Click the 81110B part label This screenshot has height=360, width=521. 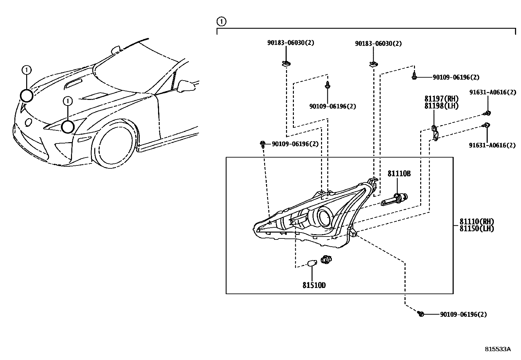pyautogui.click(x=399, y=174)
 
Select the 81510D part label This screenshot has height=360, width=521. pyautogui.click(x=314, y=285)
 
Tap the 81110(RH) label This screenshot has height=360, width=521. pyautogui.click(x=476, y=222)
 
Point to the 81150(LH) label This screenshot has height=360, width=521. pyautogui.click(x=476, y=229)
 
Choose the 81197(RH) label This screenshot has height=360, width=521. pyautogui.click(x=441, y=99)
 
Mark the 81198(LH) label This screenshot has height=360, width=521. pyautogui.click(x=441, y=106)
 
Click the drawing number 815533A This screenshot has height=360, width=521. pyautogui.click(x=497, y=349)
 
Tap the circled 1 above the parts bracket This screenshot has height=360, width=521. pyautogui.click(x=221, y=22)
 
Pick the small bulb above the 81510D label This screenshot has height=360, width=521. pyautogui.click(x=313, y=263)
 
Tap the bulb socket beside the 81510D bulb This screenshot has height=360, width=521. pyautogui.click(x=326, y=259)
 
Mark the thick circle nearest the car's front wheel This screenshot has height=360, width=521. pyautogui.click(x=68, y=127)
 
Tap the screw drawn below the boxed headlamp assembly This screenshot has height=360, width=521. pyautogui.click(x=421, y=314)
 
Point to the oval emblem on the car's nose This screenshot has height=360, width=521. pyautogui.click(x=28, y=123)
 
